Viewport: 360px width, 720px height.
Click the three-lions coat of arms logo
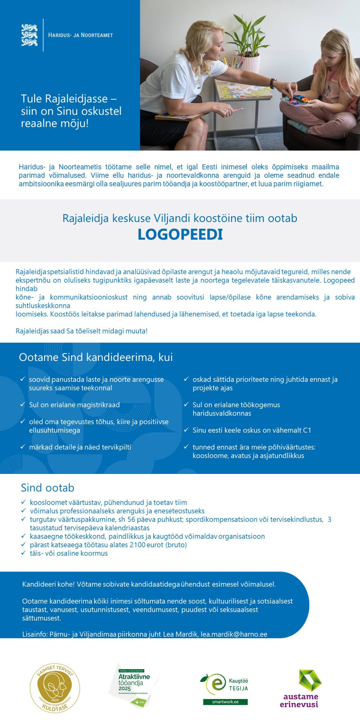[29, 35]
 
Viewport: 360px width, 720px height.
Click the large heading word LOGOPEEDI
[180, 234]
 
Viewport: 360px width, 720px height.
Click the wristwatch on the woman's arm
[272, 83]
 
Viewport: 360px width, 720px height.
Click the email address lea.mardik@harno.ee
[234, 634]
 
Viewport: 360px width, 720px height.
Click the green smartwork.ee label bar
[225, 702]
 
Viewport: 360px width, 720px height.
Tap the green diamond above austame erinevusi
[310, 681]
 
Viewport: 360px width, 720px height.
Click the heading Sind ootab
[48, 488]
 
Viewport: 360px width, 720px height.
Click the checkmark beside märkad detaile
[23, 447]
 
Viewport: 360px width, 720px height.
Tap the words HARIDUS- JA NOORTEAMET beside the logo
[80, 35]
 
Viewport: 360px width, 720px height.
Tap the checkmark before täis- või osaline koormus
[24, 553]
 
